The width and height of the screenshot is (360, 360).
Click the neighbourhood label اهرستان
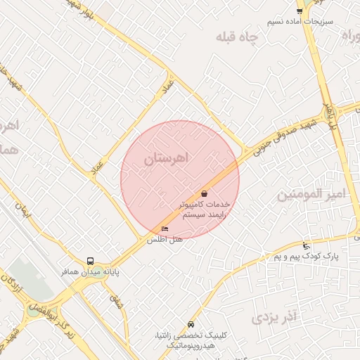pyautogui.click(x=167, y=160)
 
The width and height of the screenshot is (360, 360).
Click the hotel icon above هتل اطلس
pyautogui.click(x=165, y=229)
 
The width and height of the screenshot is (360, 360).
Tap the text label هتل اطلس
pyautogui.click(x=165, y=240)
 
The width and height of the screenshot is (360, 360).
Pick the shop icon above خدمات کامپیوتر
pyautogui.click(x=204, y=193)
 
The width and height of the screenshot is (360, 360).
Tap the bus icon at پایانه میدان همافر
pyautogui.click(x=90, y=261)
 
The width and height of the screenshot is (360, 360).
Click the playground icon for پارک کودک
pyautogui.click(x=305, y=246)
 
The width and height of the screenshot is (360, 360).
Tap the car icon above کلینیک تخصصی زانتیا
pyautogui.click(x=191, y=326)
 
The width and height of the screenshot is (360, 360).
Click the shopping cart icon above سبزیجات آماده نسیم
pyautogui.click(x=300, y=11)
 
